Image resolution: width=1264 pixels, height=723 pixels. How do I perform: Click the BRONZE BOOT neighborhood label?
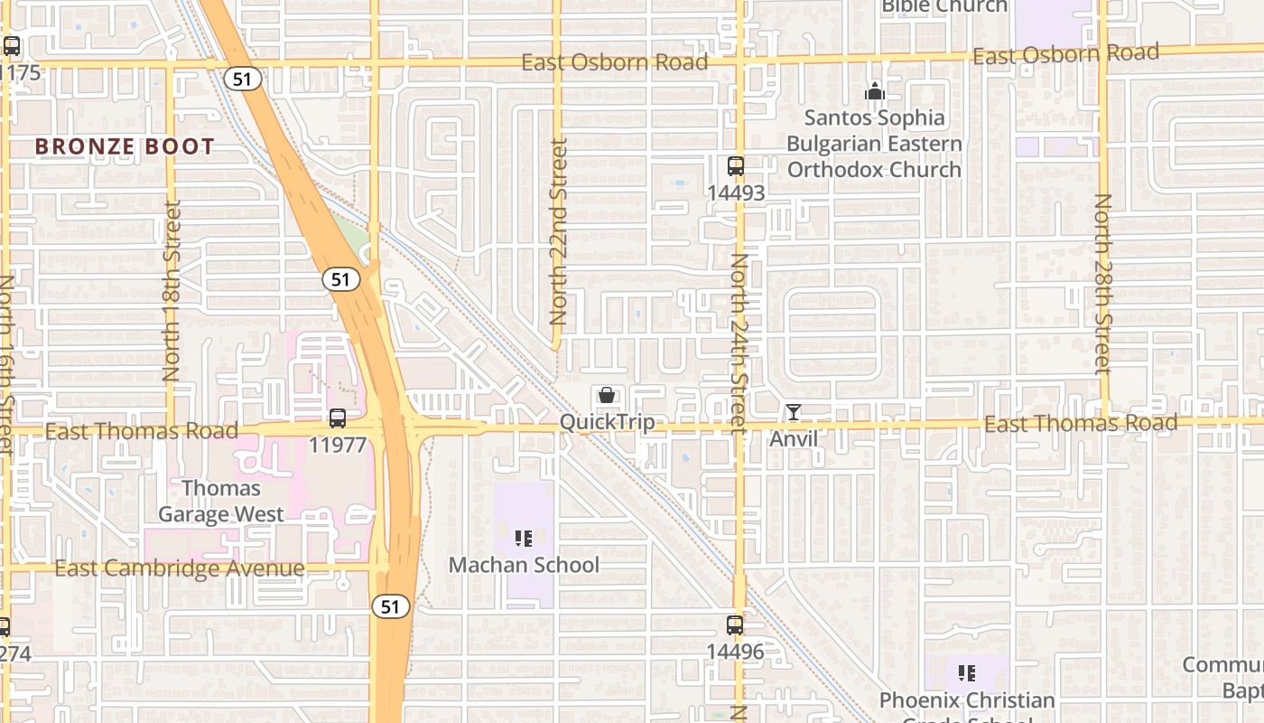[x=125, y=146]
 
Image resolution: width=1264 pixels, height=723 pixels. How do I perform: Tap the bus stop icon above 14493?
[x=736, y=166]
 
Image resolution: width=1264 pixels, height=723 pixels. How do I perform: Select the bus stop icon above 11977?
[x=338, y=418]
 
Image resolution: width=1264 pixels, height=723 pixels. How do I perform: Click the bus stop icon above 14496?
[x=735, y=624]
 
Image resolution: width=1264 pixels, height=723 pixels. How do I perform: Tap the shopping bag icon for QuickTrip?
[x=607, y=395]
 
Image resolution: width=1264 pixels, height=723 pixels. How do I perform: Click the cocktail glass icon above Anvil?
[x=793, y=412]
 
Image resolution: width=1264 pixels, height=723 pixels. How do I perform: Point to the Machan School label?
[x=524, y=565]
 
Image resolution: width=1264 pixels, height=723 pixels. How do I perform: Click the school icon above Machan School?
[x=524, y=539]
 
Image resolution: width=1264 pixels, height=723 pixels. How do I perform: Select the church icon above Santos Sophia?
[x=874, y=91]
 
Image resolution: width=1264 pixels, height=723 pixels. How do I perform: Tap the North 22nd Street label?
[x=558, y=231]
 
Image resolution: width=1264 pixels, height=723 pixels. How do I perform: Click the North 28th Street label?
[x=1102, y=284]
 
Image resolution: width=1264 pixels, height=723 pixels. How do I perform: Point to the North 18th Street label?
[x=172, y=290]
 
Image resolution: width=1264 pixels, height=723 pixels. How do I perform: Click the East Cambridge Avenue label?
[x=179, y=568]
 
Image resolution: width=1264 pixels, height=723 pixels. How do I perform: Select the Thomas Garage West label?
[x=221, y=501]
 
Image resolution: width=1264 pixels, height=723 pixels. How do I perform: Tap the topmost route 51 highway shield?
[x=242, y=79]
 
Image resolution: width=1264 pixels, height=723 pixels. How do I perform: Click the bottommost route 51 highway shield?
[x=390, y=606]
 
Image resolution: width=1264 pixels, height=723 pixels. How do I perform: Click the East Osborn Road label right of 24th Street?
[x=1065, y=54]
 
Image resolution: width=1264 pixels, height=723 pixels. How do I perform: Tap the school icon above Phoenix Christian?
[x=967, y=673]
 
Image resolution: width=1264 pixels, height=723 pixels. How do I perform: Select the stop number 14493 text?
[x=736, y=192]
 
